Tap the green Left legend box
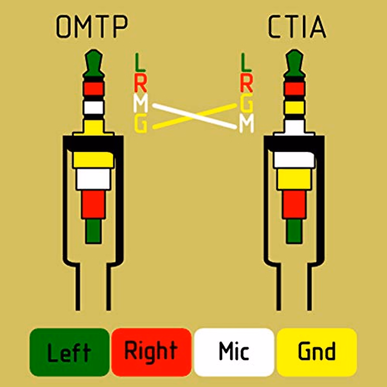(x=69, y=352)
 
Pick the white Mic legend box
(x=234, y=352)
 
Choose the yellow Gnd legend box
(x=317, y=352)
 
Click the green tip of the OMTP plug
(x=94, y=63)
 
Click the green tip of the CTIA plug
(x=294, y=63)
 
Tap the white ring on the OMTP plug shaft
(x=94, y=107)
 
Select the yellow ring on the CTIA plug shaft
(x=294, y=107)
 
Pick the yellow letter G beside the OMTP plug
(x=141, y=125)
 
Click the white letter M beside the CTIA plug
(x=246, y=125)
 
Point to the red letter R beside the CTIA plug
(x=246, y=83)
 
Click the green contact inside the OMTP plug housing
(x=93, y=231)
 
